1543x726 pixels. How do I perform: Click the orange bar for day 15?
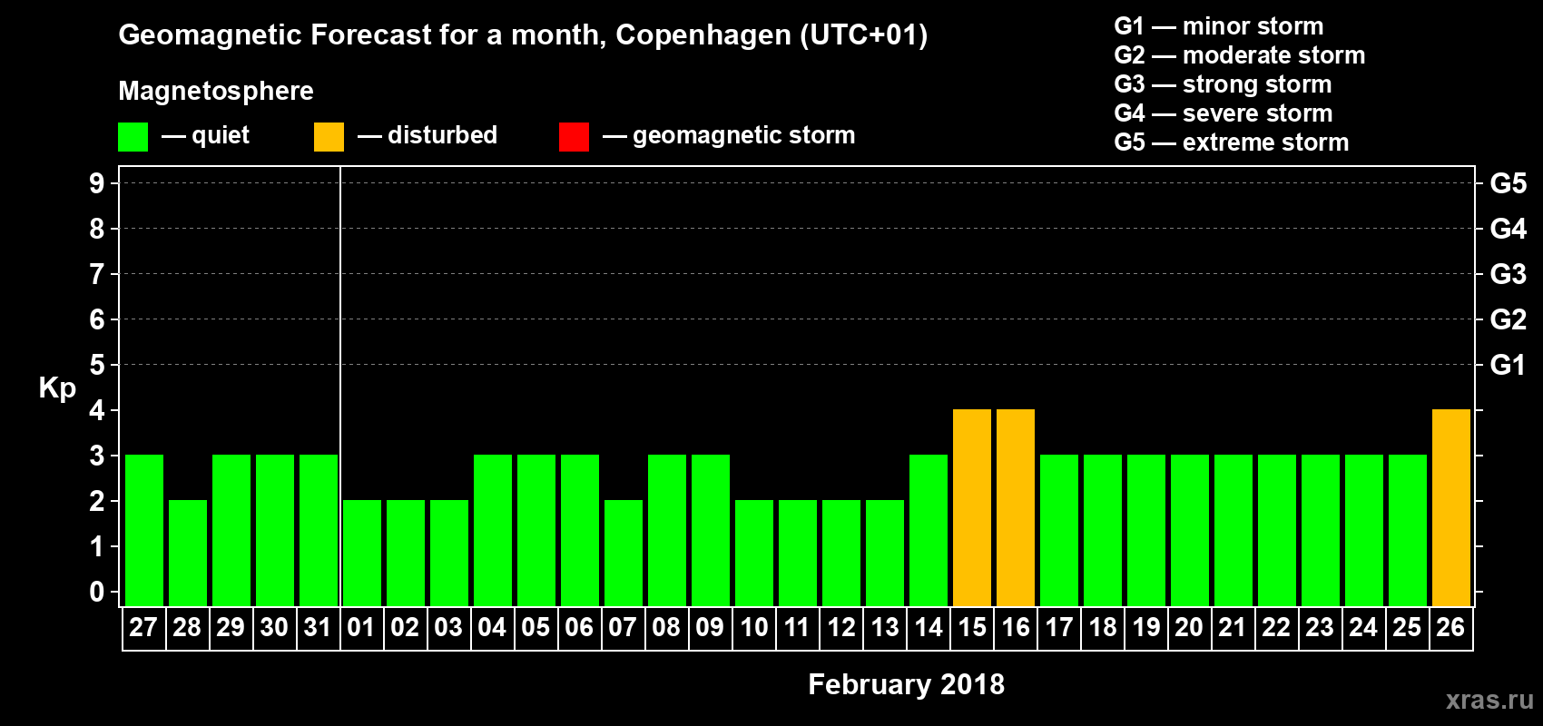(972, 507)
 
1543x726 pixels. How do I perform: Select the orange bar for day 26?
(1451, 507)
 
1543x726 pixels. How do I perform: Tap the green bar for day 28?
(188, 553)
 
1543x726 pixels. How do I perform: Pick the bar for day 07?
(624, 553)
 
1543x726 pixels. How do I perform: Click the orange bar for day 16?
(1016, 507)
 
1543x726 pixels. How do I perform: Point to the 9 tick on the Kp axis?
(97, 183)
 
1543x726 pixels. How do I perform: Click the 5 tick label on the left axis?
(97, 365)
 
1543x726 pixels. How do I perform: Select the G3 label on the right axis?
(1508, 274)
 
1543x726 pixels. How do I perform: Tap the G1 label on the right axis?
(1508, 365)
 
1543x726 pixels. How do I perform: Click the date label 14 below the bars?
(929, 627)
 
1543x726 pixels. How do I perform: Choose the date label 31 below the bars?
(318, 627)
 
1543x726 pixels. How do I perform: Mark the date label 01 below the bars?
(361, 627)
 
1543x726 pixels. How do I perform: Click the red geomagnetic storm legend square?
(574, 137)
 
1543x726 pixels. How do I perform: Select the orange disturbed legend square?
(329, 137)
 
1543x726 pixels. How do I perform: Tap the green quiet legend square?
(133, 137)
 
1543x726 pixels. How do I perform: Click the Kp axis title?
(57, 388)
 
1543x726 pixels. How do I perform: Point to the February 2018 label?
(906, 684)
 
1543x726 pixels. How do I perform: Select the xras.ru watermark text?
(1489, 700)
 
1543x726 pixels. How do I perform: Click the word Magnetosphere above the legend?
(216, 91)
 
